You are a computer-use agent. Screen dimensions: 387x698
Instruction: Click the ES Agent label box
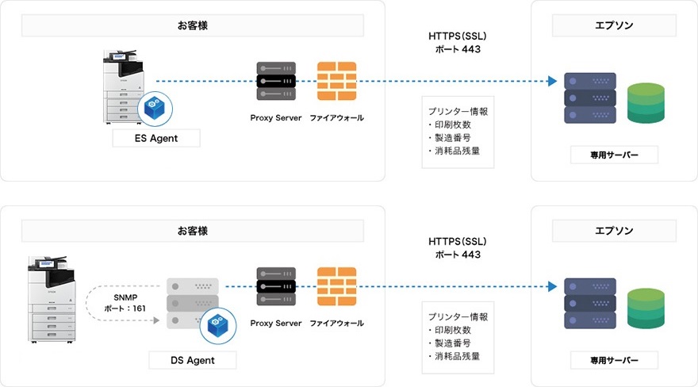155,139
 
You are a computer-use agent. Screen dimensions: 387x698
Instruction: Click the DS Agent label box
193,360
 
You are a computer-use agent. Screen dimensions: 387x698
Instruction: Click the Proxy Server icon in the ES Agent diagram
275,80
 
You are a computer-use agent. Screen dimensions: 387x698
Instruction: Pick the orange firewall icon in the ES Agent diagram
336,80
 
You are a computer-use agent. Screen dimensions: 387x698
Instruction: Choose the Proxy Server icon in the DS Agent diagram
275,286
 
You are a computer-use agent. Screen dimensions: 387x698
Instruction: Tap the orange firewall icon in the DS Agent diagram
336,286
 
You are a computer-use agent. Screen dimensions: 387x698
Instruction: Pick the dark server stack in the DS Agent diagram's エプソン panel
589,304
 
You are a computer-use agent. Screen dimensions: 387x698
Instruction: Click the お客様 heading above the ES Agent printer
193,25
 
